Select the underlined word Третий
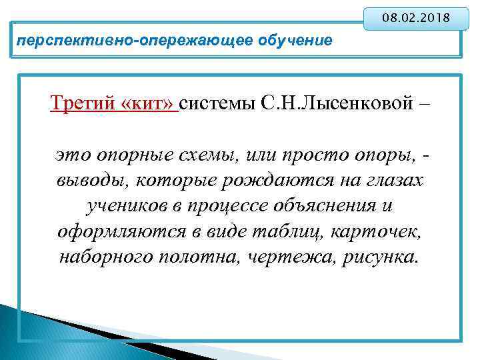[x=84, y=105]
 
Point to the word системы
[x=219, y=105]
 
